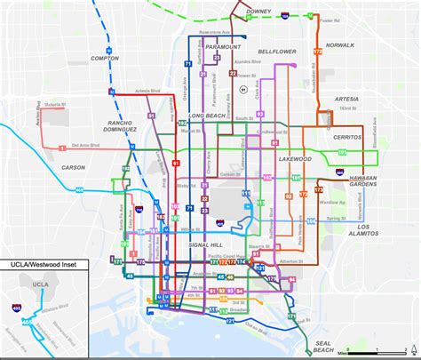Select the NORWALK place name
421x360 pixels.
point(339,44)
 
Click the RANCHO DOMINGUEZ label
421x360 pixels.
point(119,125)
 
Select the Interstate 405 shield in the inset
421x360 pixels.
point(17,306)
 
